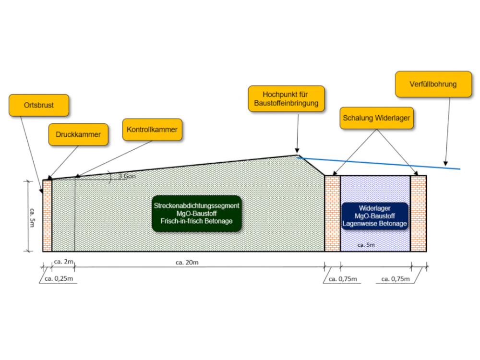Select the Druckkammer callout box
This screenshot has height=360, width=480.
click(x=78, y=134)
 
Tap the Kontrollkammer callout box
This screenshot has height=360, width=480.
click(x=152, y=130)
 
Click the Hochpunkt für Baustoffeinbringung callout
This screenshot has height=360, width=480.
click(x=287, y=98)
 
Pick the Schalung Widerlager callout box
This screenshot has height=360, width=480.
click(x=377, y=118)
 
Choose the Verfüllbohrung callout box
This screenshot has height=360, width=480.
click(x=433, y=84)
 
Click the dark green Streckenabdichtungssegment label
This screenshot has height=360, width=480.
click(x=197, y=213)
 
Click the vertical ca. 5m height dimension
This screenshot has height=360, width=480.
click(x=31, y=216)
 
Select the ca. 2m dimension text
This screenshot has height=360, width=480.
click(x=63, y=262)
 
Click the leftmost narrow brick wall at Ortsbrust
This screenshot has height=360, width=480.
click(x=47, y=216)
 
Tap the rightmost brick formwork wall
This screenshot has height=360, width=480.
click(x=419, y=214)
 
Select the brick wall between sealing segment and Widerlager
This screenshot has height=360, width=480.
click(x=333, y=214)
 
